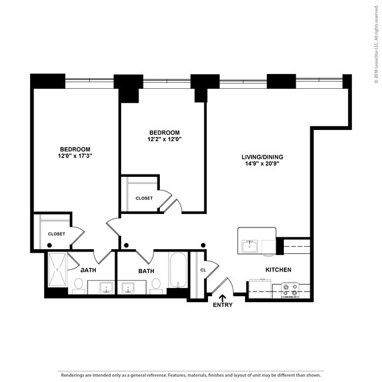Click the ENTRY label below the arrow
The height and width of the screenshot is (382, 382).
pos(223,305)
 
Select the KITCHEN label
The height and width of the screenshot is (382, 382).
pos(278,270)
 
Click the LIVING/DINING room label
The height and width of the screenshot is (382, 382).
pos(263,157)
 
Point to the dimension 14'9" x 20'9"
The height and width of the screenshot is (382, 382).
pos(263,165)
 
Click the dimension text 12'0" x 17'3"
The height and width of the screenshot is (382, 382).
pos(75,156)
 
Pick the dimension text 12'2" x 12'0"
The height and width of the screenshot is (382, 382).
pos(164,140)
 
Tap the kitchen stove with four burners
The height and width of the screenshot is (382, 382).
pos(290,289)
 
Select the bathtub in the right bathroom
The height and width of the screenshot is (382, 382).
pos(178,270)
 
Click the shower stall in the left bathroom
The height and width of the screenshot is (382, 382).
pos(57,270)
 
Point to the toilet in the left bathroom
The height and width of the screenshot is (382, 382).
pos(78,285)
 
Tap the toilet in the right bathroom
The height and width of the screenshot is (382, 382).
pos(156,285)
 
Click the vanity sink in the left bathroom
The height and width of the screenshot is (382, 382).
pos(107,287)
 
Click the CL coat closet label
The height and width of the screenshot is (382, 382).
pos(203,270)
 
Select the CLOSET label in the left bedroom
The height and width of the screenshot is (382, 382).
pos(56,234)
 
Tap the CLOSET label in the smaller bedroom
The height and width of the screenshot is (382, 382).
pos(144,198)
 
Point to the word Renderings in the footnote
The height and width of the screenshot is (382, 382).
pos(72,374)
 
